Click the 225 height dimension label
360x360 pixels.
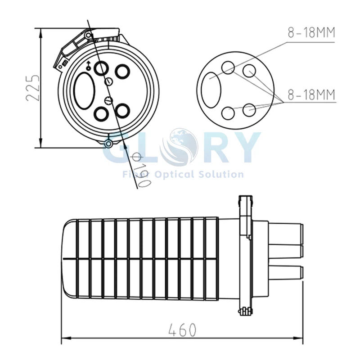(x=32, y=87)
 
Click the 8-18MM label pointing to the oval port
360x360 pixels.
(x=311, y=33)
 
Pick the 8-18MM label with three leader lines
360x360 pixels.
(x=311, y=95)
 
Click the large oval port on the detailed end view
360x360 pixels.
(x=85, y=90)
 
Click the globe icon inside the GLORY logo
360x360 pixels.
(x=182, y=143)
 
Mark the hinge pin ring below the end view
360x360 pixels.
(x=108, y=144)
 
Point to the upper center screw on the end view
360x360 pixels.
(x=109, y=81)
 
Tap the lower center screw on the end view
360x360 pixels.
(x=107, y=100)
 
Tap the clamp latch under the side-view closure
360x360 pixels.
(x=244, y=310)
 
